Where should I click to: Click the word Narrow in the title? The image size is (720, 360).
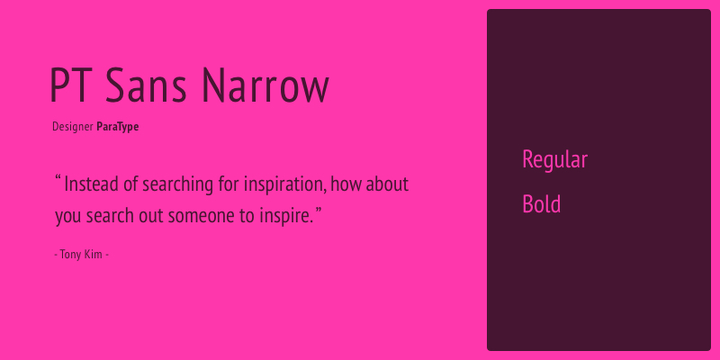[265, 85]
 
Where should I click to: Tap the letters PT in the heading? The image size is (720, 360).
[74, 85]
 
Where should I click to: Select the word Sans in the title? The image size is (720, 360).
[146, 85]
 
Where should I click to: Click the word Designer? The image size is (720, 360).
[73, 127]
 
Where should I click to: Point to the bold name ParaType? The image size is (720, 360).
[118, 127]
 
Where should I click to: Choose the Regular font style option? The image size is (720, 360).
[555, 160]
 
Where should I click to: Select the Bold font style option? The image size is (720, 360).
[542, 204]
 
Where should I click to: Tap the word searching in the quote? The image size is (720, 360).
[177, 185]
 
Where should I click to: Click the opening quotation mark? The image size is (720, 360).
[58, 178]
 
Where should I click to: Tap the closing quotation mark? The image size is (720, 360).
[318, 210]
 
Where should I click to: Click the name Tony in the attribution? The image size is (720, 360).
[71, 255]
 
